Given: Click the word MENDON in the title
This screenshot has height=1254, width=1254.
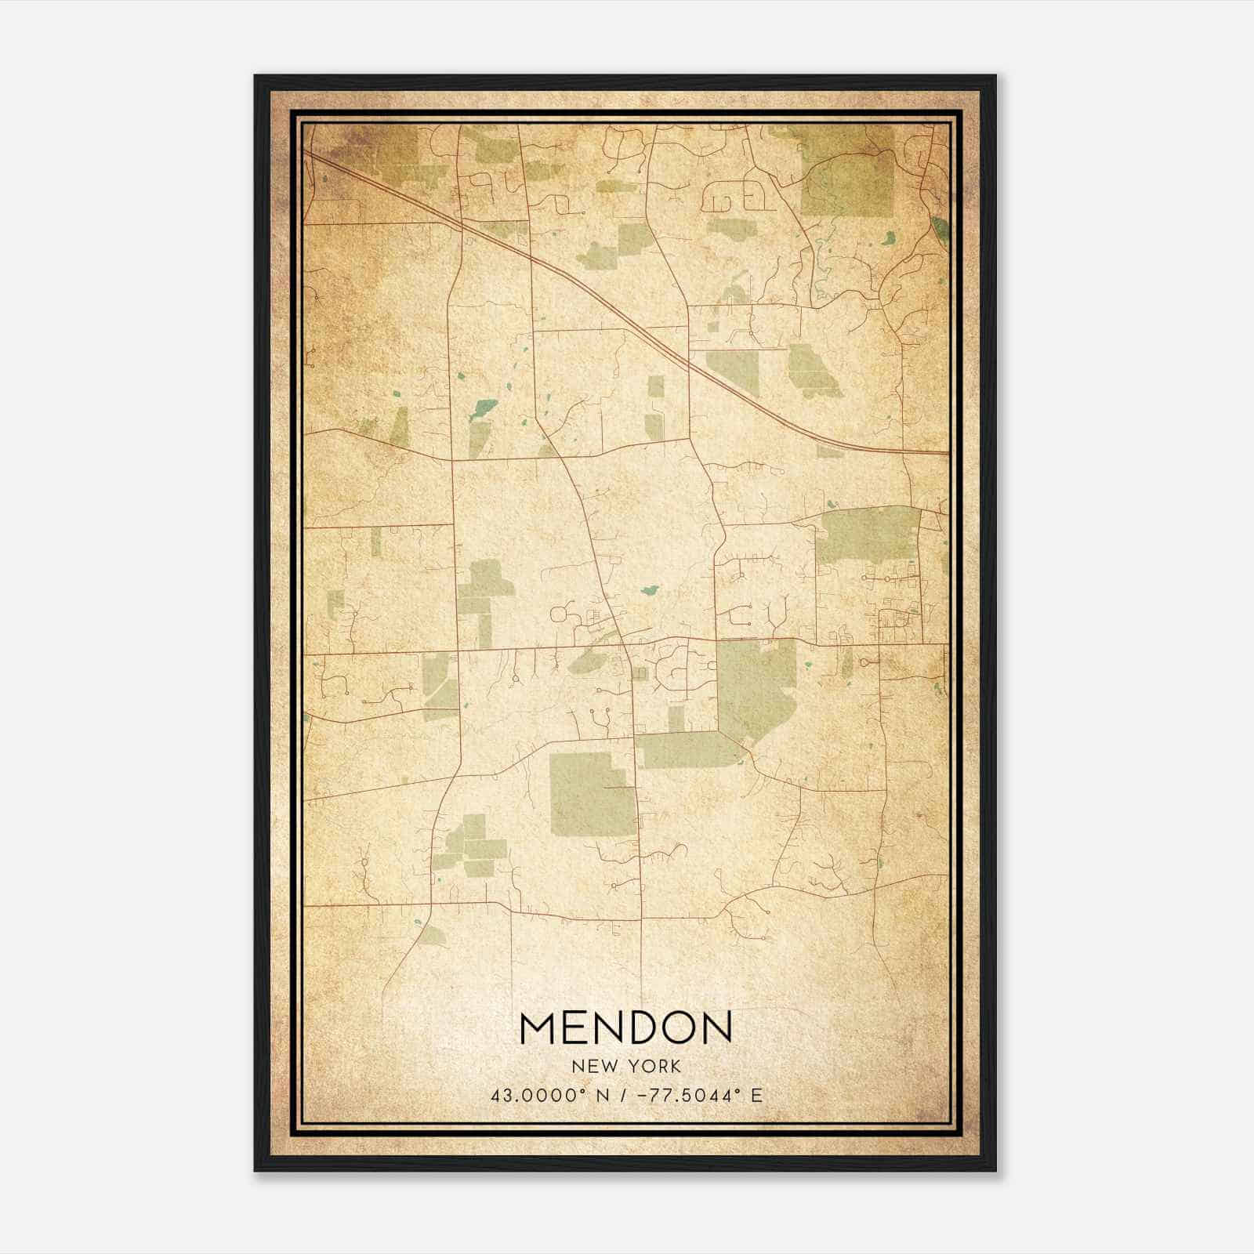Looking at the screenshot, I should click(625, 1028).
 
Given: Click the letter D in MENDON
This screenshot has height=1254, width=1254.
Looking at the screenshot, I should click(646, 1028).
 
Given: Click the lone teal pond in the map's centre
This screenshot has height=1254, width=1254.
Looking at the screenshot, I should click(649, 590).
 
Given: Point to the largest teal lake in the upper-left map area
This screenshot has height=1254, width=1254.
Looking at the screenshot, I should click(484, 409).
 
